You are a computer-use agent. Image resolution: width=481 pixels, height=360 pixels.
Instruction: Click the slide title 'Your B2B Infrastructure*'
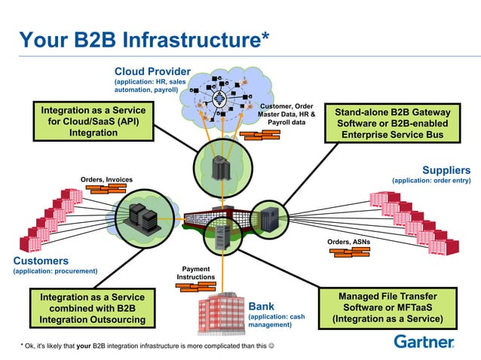click(x=144, y=38)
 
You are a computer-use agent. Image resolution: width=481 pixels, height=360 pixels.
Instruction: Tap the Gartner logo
click(x=424, y=341)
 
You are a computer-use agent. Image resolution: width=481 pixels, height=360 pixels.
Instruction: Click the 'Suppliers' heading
click(x=446, y=170)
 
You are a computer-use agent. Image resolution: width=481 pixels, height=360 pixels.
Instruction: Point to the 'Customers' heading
click(x=41, y=261)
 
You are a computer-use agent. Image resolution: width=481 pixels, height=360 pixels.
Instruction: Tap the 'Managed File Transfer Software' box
click(x=388, y=307)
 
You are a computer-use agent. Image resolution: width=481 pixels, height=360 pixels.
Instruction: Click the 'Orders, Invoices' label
click(x=106, y=179)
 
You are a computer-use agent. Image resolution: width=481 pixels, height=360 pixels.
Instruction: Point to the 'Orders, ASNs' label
click(x=348, y=242)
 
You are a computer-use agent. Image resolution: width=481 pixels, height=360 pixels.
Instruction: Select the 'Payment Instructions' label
click(x=196, y=273)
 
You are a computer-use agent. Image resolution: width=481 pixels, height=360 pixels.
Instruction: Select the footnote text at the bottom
click(x=146, y=346)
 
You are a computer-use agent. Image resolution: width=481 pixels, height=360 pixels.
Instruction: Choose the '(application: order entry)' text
click(x=430, y=181)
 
